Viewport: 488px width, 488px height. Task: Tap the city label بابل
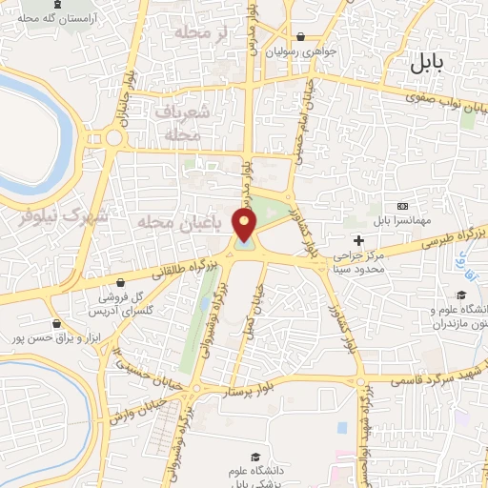427,65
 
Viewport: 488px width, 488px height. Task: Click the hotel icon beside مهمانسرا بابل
401,206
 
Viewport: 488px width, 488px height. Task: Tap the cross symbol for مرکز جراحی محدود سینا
358,239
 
